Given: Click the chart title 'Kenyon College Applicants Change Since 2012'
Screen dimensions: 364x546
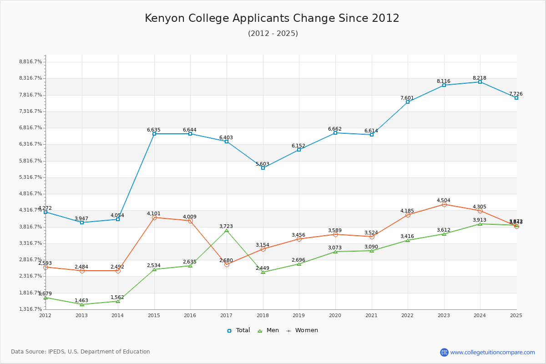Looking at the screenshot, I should click(272, 18).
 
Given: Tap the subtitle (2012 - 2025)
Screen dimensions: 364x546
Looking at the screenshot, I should click(273, 34).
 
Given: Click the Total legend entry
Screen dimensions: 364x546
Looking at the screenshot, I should click(239, 330).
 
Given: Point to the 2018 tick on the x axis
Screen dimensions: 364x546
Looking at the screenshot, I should click(263, 315).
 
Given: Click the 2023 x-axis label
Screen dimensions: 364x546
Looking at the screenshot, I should click(444, 315).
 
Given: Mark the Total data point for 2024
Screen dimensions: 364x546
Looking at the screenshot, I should click(480, 82).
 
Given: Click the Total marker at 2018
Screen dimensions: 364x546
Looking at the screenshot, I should click(263, 168).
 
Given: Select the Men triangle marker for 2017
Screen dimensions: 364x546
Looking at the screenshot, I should click(227, 231).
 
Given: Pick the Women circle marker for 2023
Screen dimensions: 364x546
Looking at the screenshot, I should click(444, 204).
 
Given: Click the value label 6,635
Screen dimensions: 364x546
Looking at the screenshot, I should click(154, 130).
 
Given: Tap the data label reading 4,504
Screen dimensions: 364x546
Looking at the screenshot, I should click(444, 200).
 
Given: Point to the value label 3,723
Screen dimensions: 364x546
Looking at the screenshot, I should click(226, 226).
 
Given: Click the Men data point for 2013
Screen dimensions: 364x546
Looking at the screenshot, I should click(82, 304).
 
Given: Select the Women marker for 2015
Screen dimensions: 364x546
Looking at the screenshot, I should click(154, 218).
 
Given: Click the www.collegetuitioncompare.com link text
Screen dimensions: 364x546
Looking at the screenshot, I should click(492, 352).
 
